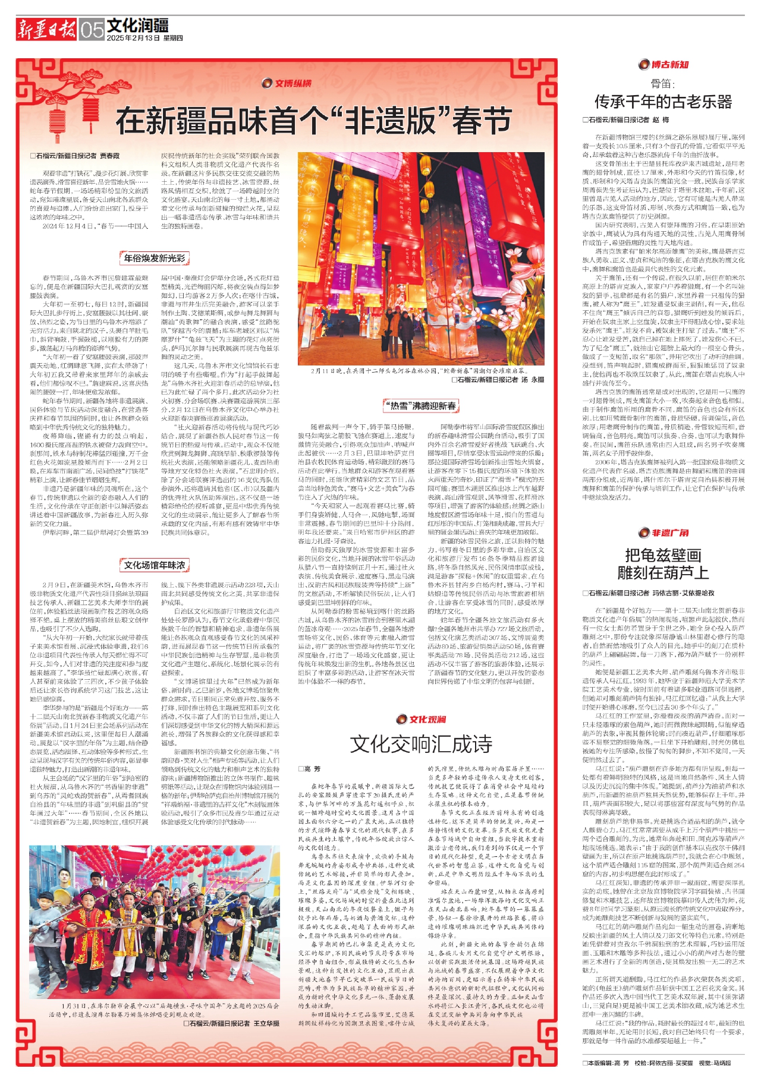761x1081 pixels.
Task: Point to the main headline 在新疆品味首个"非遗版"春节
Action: point(313,121)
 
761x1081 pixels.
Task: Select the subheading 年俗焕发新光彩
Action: point(155,258)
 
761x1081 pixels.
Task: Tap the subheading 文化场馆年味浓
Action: point(155,565)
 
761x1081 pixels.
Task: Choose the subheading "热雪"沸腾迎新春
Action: point(421,405)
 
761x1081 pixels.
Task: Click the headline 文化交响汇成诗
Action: point(421,744)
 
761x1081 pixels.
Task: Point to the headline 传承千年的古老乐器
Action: point(663,102)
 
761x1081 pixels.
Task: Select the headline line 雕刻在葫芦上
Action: point(663,573)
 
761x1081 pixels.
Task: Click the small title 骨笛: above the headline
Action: point(663,83)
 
